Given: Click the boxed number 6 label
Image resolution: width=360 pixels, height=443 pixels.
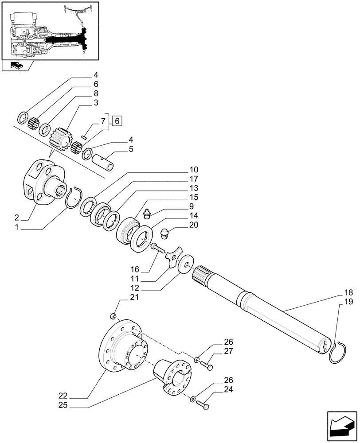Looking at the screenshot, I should (117, 120).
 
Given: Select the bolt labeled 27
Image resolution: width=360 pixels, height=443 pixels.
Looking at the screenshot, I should (207, 366).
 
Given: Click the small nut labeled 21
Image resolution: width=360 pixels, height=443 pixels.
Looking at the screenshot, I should (113, 316).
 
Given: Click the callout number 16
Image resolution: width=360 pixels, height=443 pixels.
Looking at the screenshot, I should (135, 269).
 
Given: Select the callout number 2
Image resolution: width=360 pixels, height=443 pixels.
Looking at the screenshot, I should (16, 218).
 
